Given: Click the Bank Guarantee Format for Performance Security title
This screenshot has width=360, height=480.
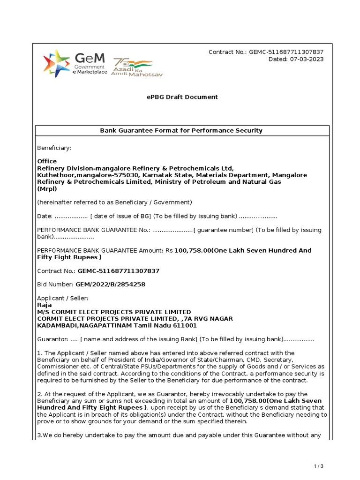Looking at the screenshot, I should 181,130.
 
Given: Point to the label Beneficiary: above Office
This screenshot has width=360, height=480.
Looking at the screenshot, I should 54,148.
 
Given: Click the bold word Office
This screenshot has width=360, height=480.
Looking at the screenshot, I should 47,161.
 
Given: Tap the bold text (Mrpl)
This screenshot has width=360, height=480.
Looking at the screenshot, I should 47,189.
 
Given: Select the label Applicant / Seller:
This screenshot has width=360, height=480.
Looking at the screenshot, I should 62,298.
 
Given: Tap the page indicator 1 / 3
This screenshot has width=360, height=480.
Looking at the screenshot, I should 319,466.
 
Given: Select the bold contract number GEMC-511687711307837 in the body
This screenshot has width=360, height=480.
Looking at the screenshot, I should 119,271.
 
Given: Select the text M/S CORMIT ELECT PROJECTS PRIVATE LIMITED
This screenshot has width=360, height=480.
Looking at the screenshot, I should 114,312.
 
